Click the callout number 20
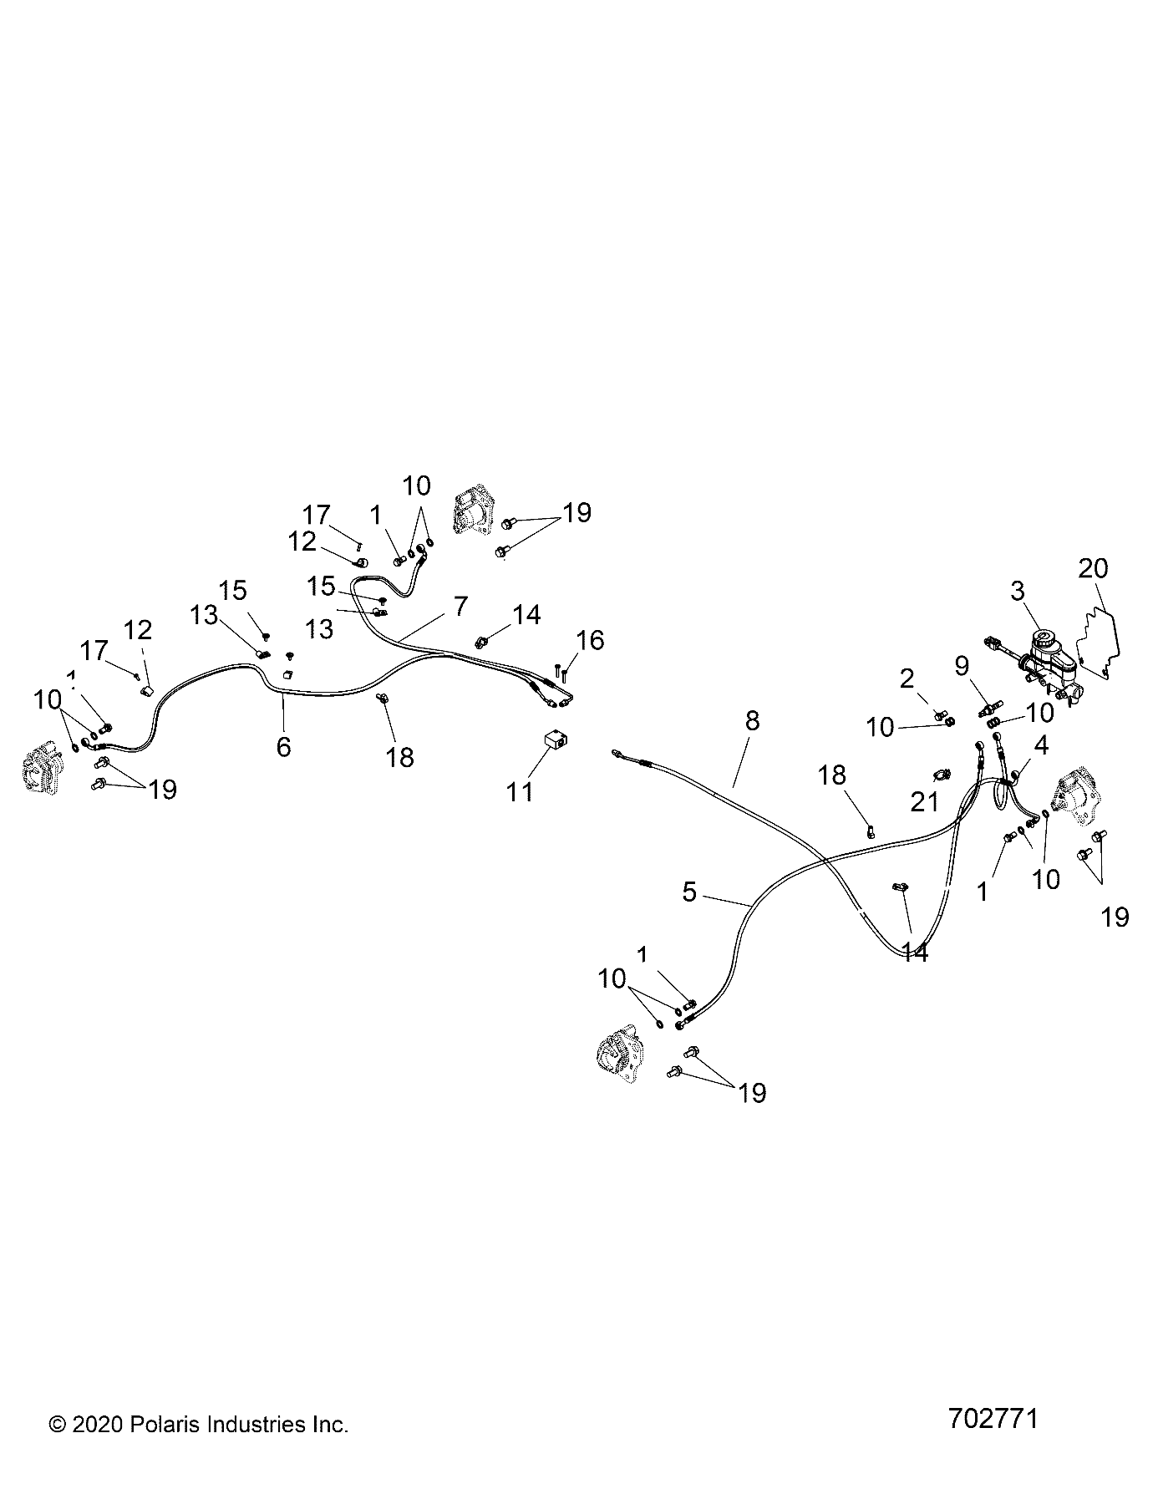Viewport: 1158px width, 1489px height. point(1093,569)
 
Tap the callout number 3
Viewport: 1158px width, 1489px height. point(1017,592)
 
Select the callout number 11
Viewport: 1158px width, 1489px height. point(520,790)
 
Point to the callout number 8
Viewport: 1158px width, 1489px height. point(752,721)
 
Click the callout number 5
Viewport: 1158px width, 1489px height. point(689,892)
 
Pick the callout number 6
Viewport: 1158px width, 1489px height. point(284,746)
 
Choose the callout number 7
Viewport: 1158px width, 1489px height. point(461,606)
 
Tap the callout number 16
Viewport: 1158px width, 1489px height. point(590,641)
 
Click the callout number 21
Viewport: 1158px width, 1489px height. point(925,803)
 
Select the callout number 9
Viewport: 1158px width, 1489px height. point(962,666)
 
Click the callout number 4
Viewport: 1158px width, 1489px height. point(1041,744)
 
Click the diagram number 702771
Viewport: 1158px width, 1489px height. point(993,1420)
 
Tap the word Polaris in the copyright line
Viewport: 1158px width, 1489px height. point(164,1425)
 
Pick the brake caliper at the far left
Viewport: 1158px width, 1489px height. point(38,770)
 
